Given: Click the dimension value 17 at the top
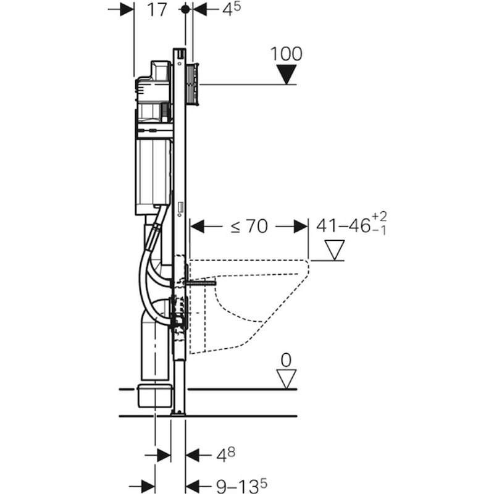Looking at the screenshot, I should (x=157, y=10).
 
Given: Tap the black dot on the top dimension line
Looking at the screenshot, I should (x=185, y=10).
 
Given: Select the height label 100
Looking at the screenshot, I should (x=287, y=54).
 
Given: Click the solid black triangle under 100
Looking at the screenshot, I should (x=287, y=74).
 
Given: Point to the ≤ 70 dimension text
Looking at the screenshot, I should (x=249, y=227).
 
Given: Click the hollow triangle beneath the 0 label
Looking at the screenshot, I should (x=287, y=378).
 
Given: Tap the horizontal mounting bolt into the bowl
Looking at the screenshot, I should (x=201, y=281).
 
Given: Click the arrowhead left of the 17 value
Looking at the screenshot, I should (x=126, y=10).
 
